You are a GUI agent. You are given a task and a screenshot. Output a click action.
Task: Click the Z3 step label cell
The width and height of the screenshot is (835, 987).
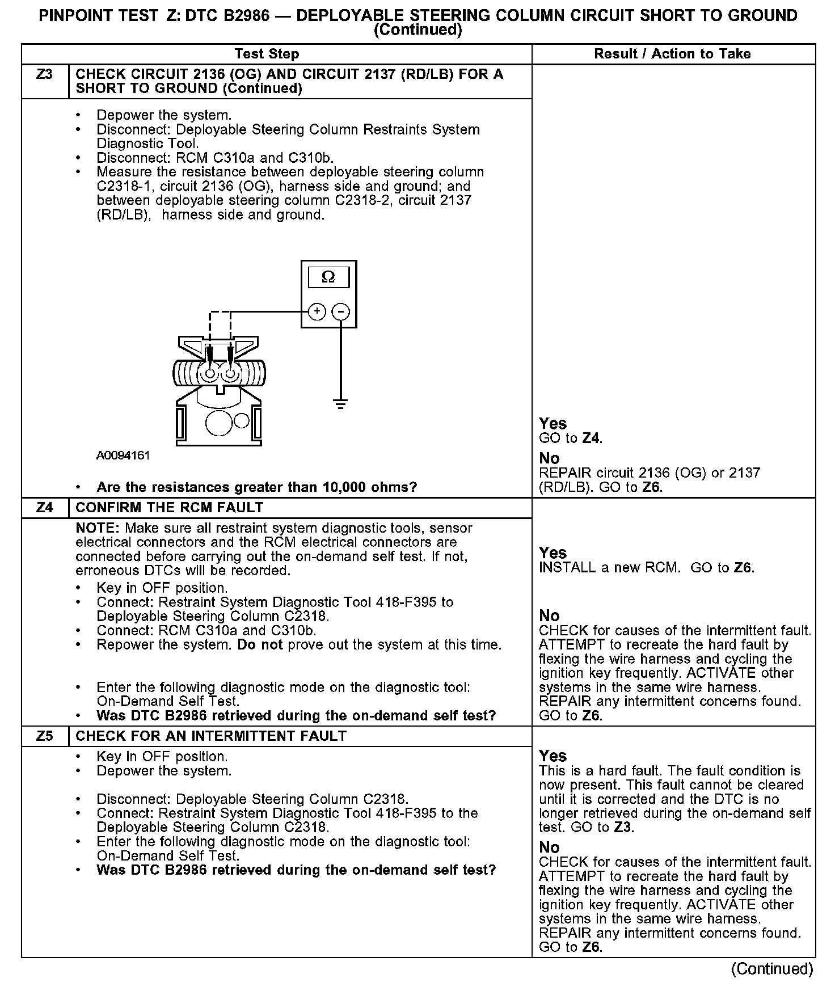click(x=44, y=75)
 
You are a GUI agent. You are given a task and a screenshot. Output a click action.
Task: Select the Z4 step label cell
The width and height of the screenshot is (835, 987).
click(x=44, y=508)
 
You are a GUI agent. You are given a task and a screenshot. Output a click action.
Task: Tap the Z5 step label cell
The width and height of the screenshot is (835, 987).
click(x=44, y=736)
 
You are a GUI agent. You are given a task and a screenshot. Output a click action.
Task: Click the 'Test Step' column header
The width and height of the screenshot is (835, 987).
click(x=267, y=54)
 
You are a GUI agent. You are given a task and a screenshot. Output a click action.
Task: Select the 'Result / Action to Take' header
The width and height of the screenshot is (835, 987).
click(x=672, y=54)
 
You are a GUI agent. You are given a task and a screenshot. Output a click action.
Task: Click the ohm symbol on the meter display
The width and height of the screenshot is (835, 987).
click(x=328, y=277)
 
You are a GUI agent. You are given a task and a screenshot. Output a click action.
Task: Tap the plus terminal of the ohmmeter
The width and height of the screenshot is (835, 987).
click(x=317, y=311)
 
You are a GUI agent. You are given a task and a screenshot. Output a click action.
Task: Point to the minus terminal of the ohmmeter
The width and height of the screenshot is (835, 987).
click(x=341, y=311)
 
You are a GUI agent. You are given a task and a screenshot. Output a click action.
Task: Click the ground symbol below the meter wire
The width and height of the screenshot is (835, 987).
click(x=340, y=404)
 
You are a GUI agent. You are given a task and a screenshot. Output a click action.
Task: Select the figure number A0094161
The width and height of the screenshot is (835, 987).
click(x=123, y=455)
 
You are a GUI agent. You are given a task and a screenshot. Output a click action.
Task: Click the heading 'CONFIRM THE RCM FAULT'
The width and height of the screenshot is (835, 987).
click(x=170, y=508)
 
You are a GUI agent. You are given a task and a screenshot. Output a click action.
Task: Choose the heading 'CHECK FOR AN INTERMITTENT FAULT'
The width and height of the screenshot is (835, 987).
click(x=211, y=736)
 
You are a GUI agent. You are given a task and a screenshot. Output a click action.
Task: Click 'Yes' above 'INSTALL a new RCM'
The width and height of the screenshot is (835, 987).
click(x=553, y=552)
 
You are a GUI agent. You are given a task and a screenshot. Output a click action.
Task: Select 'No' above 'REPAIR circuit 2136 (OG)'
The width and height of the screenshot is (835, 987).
click(x=549, y=458)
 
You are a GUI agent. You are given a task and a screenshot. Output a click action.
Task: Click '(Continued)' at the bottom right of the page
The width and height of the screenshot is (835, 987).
click(x=772, y=968)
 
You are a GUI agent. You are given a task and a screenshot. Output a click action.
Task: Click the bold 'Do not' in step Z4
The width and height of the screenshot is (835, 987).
click(x=260, y=645)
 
